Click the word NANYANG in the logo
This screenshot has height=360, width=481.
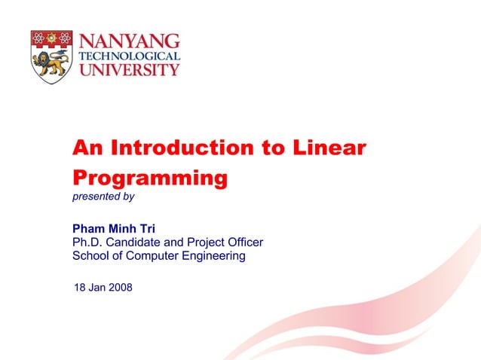(x=130, y=41)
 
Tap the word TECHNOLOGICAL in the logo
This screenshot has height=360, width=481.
(x=130, y=56)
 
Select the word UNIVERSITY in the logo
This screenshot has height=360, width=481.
(x=130, y=69)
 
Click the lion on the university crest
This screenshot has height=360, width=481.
(x=51, y=64)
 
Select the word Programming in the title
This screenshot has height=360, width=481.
(x=149, y=178)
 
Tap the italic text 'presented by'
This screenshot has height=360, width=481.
(x=103, y=197)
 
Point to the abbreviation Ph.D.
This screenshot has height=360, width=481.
(x=87, y=243)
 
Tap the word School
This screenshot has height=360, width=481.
(x=90, y=256)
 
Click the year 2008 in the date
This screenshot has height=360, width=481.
(x=119, y=288)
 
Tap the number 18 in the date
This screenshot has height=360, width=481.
(x=79, y=288)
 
